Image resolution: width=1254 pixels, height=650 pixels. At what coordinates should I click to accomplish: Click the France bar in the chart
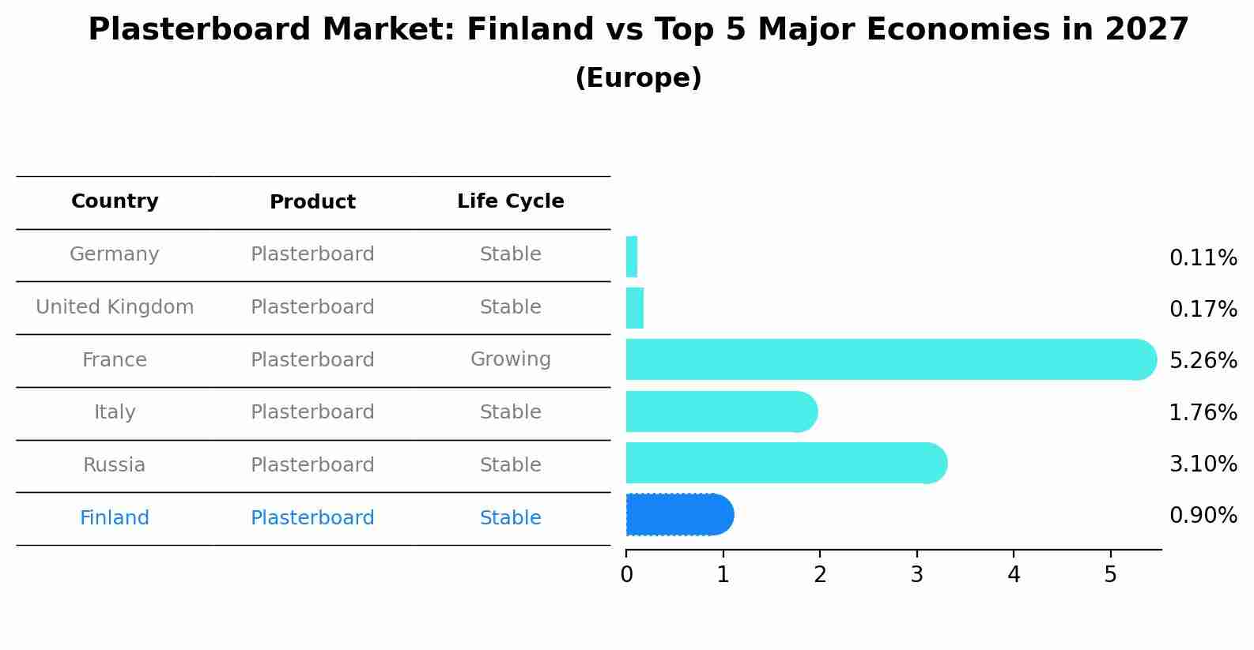[x=891, y=359]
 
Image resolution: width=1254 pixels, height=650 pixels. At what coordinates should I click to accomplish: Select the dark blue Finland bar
[x=680, y=514]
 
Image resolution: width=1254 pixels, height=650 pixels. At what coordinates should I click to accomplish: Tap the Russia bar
[x=787, y=463]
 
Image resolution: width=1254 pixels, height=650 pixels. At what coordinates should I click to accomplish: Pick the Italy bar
[x=722, y=411]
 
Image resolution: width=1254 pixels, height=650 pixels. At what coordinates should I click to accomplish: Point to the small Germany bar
[x=632, y=257]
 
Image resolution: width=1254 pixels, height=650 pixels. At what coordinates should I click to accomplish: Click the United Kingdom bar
[x=635, y=308]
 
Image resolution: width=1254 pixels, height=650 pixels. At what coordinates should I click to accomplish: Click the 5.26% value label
[x=1203, y=360]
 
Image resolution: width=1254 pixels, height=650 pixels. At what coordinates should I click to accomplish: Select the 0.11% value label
[x=1203, y=258]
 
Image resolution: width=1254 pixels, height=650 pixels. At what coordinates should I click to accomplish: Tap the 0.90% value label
[x=1203, y=515]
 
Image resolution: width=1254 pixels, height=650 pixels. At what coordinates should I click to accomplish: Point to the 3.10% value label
[x=1203, y=464]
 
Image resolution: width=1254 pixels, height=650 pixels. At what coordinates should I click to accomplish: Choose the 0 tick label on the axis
[x=626, y=574]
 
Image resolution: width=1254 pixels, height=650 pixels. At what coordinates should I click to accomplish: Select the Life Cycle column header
[x=511, y=201]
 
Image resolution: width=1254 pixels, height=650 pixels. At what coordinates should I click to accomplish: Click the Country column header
[x=115, y=201]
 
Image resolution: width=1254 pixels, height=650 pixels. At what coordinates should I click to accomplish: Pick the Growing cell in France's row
[x=511, y=359]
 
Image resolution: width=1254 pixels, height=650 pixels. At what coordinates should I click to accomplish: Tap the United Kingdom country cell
[x=115, y=306]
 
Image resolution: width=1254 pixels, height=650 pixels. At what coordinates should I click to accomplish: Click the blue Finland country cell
[x=115, y=517]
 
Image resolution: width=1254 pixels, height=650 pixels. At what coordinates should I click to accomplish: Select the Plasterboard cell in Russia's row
[x=312, y=464]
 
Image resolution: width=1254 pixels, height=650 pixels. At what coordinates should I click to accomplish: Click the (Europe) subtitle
[x=638, y=77]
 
